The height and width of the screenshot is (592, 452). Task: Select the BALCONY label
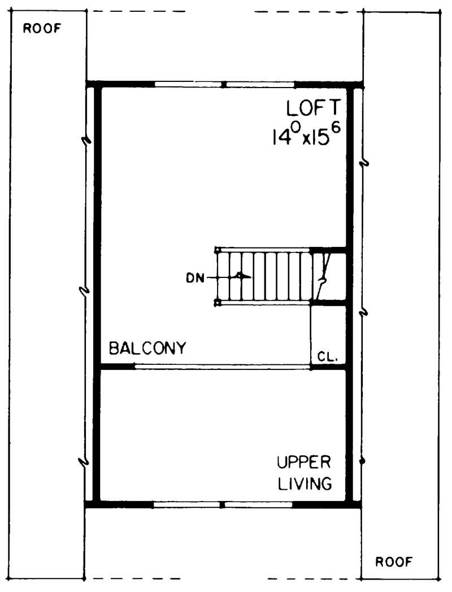point(147,348)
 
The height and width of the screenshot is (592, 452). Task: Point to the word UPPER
point(303,463)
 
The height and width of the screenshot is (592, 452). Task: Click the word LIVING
point(303,484)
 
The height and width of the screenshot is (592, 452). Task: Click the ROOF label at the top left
point(41,29)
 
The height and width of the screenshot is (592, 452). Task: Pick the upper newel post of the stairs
point(218,249)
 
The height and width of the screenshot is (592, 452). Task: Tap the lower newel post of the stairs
point(218,303)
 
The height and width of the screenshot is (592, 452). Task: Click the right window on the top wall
point(260,85)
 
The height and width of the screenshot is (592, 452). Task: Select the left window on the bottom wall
point(186,503)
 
